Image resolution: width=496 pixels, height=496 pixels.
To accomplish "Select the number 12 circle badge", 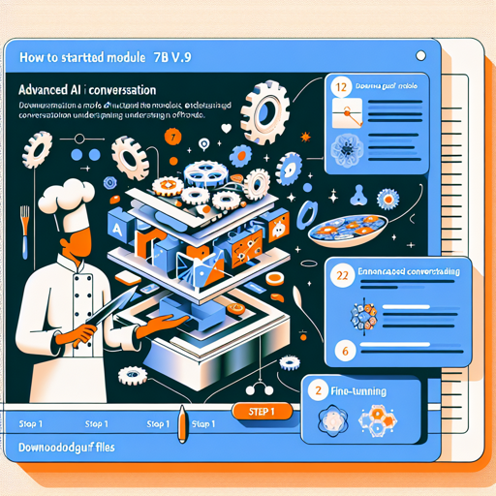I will pyautogui.click(x=339, y=87).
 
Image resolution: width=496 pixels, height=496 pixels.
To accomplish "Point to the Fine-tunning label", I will pyautogui.click(x=359, y=392).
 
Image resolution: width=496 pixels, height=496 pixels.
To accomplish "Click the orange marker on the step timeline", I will pyautogui.click(x=180, y=423).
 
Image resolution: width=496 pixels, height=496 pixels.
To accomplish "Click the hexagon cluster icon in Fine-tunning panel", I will pyautogui.click(x=376, y=420).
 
